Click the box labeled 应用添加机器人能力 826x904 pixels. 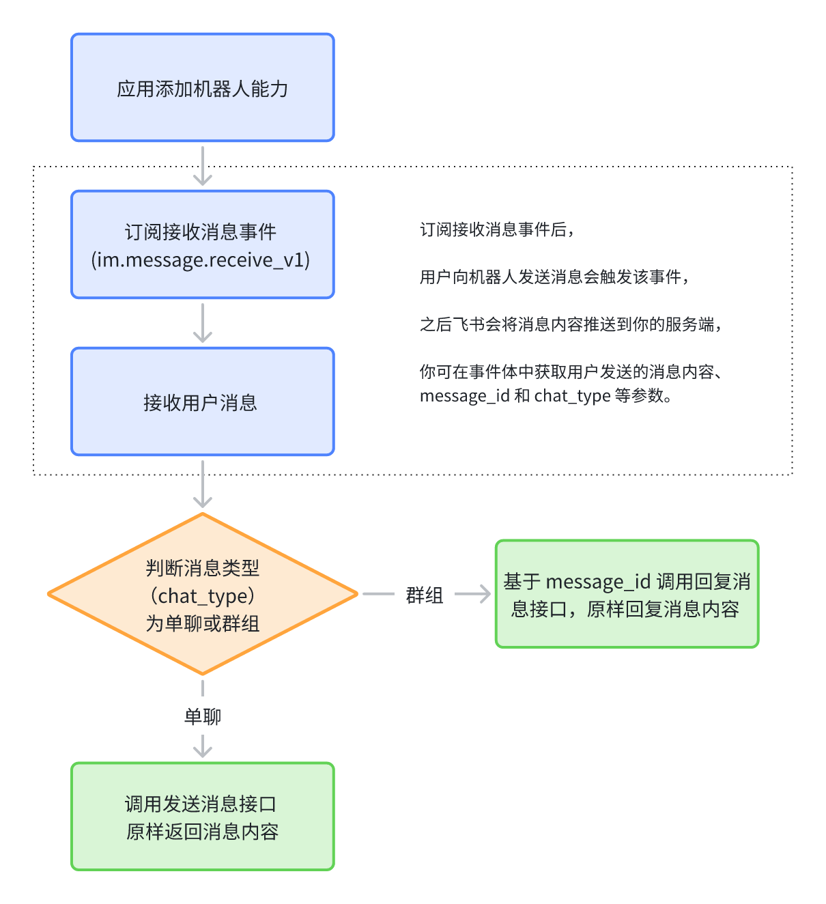pyautogui.click(x=203, y=88)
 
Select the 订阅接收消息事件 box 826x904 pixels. pyautogui.click(x=203, y=244)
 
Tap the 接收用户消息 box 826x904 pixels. pyautogui.click(x=203, y=401)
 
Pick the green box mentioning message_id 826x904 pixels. pyautogui.click(x=627, y=594)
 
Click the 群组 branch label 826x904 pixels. pyautogui.click(x=425, y=595)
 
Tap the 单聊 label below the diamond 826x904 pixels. pyautogui.click(x=203, y=716)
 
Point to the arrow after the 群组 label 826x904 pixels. pyautogui.click(x=472, y=595)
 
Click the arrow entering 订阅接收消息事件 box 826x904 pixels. pyautogui.click(x=203, y=168)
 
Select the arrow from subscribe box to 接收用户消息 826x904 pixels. pyautogui.click(x=203, y=324)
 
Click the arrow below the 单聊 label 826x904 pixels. pyautogui.click(x=203, y=746)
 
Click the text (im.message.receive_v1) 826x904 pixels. pyautogui.click(x=201, y=260)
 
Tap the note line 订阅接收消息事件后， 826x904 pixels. pyautogui.click(x=497, y=230)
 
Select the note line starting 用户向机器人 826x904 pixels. pyautogui.click(x=554, y=277)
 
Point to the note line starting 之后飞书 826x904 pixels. pyautogui.click(x=571, y=324)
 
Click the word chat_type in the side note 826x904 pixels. pyautogui.click(x=572, y=396)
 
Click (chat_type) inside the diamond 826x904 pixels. pyautogui.click(x=203, y=596)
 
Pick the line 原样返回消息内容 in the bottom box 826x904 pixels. pyautogui.click(x=203, y=832)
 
